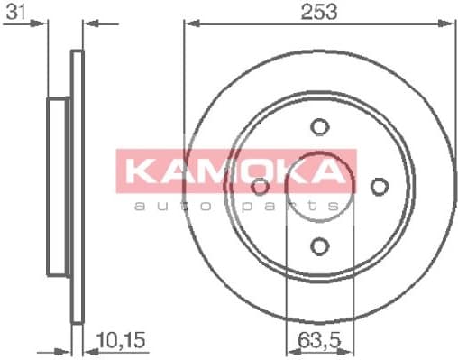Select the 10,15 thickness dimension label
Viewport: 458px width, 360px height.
coord(116,341)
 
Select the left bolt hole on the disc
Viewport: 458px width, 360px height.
coord(260,186)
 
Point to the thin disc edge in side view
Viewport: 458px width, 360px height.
coord(78,186)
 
